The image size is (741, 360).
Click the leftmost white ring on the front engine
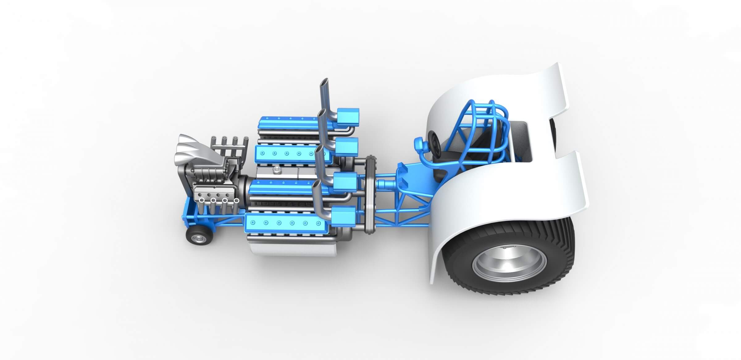pyautogui.click(x=201, y=200)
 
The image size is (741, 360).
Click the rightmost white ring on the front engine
pyautogui.click(x=236, y=200)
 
